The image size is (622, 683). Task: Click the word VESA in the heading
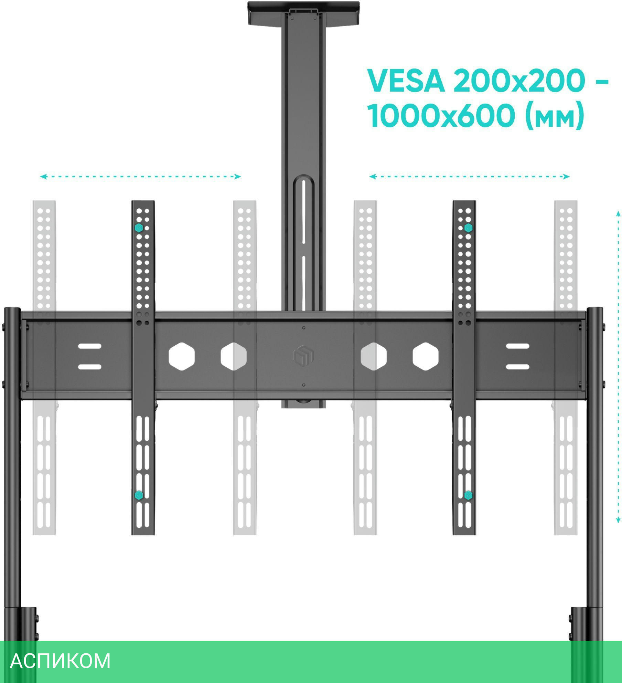click(406, 82)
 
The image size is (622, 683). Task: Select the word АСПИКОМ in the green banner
click(60, 661)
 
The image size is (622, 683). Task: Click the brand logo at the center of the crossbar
click(303, 356)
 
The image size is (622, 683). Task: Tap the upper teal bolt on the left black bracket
click(139, 228)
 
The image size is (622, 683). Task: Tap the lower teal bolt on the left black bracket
click(139, 495)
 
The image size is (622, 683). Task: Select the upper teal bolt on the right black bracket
click(468, 228)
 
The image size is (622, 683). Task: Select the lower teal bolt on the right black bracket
click(468, 495)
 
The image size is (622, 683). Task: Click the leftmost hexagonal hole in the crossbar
click(182, 356)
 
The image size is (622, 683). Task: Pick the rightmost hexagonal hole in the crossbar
click(426, 356)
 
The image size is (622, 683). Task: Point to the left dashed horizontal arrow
click(140, 177)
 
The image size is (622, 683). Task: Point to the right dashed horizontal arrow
click(469, 177)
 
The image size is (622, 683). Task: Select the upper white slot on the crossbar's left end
click(89, 346)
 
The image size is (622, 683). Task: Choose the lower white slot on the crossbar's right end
click(517, 367)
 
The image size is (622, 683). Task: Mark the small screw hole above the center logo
click(303, 328)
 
